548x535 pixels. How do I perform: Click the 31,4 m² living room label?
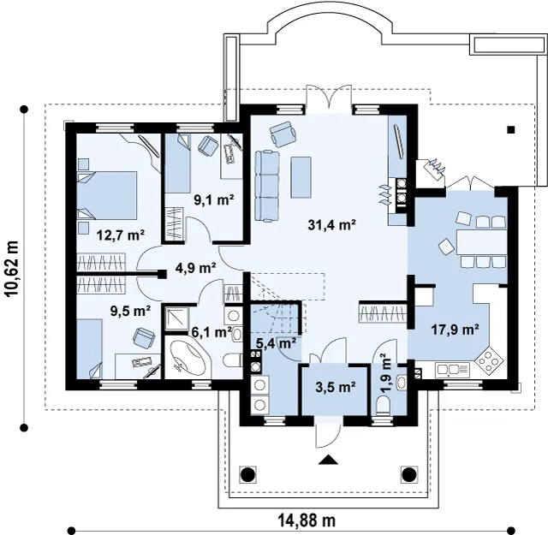pos(331,224)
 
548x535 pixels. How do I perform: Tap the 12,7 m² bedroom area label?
pos(121,235)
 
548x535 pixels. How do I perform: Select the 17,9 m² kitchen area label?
pos(455,329)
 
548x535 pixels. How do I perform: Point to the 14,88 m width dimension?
pos(307,520)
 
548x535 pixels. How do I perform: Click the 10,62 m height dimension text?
pos(13,269)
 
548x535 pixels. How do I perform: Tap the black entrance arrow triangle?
pos(328,460)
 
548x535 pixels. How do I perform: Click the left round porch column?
pos(247,474)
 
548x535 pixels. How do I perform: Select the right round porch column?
pos(408,474)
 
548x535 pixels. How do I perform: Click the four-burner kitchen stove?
pos(488,360)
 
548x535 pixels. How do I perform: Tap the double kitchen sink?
pos(453,370)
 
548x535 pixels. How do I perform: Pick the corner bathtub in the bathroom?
pos(188,359)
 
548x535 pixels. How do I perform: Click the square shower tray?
pos(176,318)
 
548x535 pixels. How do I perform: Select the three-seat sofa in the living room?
pos(267,186)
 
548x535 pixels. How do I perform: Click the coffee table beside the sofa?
pos(301,177)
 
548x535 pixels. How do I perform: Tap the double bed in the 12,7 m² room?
pos(106,195)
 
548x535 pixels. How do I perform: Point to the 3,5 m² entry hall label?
pos(335,387)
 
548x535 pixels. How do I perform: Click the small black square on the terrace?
pos(511,130)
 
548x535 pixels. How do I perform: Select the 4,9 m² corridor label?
pos(195,269)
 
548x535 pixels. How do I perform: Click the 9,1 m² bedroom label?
pos(213,199)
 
